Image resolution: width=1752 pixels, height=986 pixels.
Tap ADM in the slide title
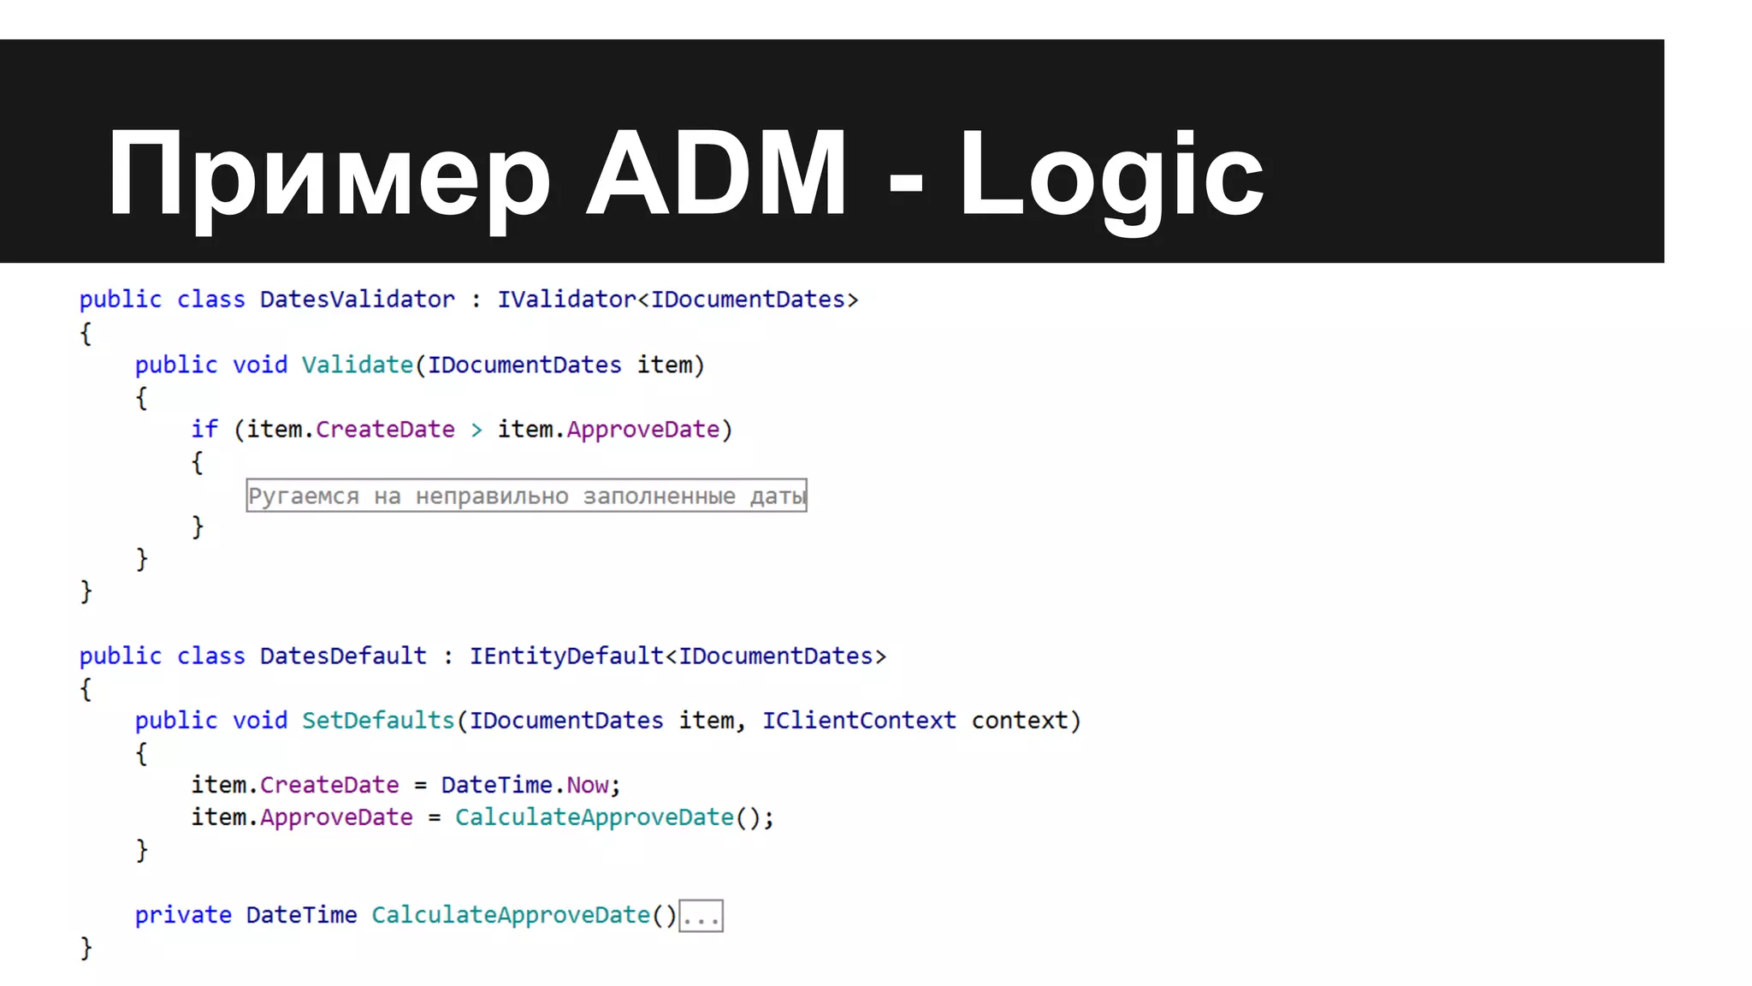pos(717,174)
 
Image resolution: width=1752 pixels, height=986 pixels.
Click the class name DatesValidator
pos(357,300)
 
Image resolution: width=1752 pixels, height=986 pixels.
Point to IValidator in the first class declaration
pos(566,300)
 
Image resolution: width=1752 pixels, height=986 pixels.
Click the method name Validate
pos(357,365)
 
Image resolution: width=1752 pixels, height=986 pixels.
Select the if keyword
pos(204,429)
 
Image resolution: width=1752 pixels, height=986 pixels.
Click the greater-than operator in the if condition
pos(476,430)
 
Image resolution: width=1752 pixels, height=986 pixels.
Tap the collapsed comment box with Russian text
pos(526,496)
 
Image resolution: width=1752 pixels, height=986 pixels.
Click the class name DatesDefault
pos(343,656)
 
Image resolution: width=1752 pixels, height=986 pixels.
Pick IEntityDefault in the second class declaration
pos(566,656)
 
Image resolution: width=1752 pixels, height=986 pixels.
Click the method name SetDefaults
pos(378,721)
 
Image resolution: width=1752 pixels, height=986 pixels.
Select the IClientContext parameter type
pos(859,721)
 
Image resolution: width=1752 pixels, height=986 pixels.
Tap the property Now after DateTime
pos(588,785)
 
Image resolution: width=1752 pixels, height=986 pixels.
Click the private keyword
pos(183,915)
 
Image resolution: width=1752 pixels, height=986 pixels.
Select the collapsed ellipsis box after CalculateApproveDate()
pos(701,917)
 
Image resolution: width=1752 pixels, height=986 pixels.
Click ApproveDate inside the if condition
pos(642,430)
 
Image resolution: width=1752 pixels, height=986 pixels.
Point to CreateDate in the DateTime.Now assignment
pos(329,785)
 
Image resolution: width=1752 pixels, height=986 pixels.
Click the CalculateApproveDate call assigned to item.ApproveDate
pos(595,817)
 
